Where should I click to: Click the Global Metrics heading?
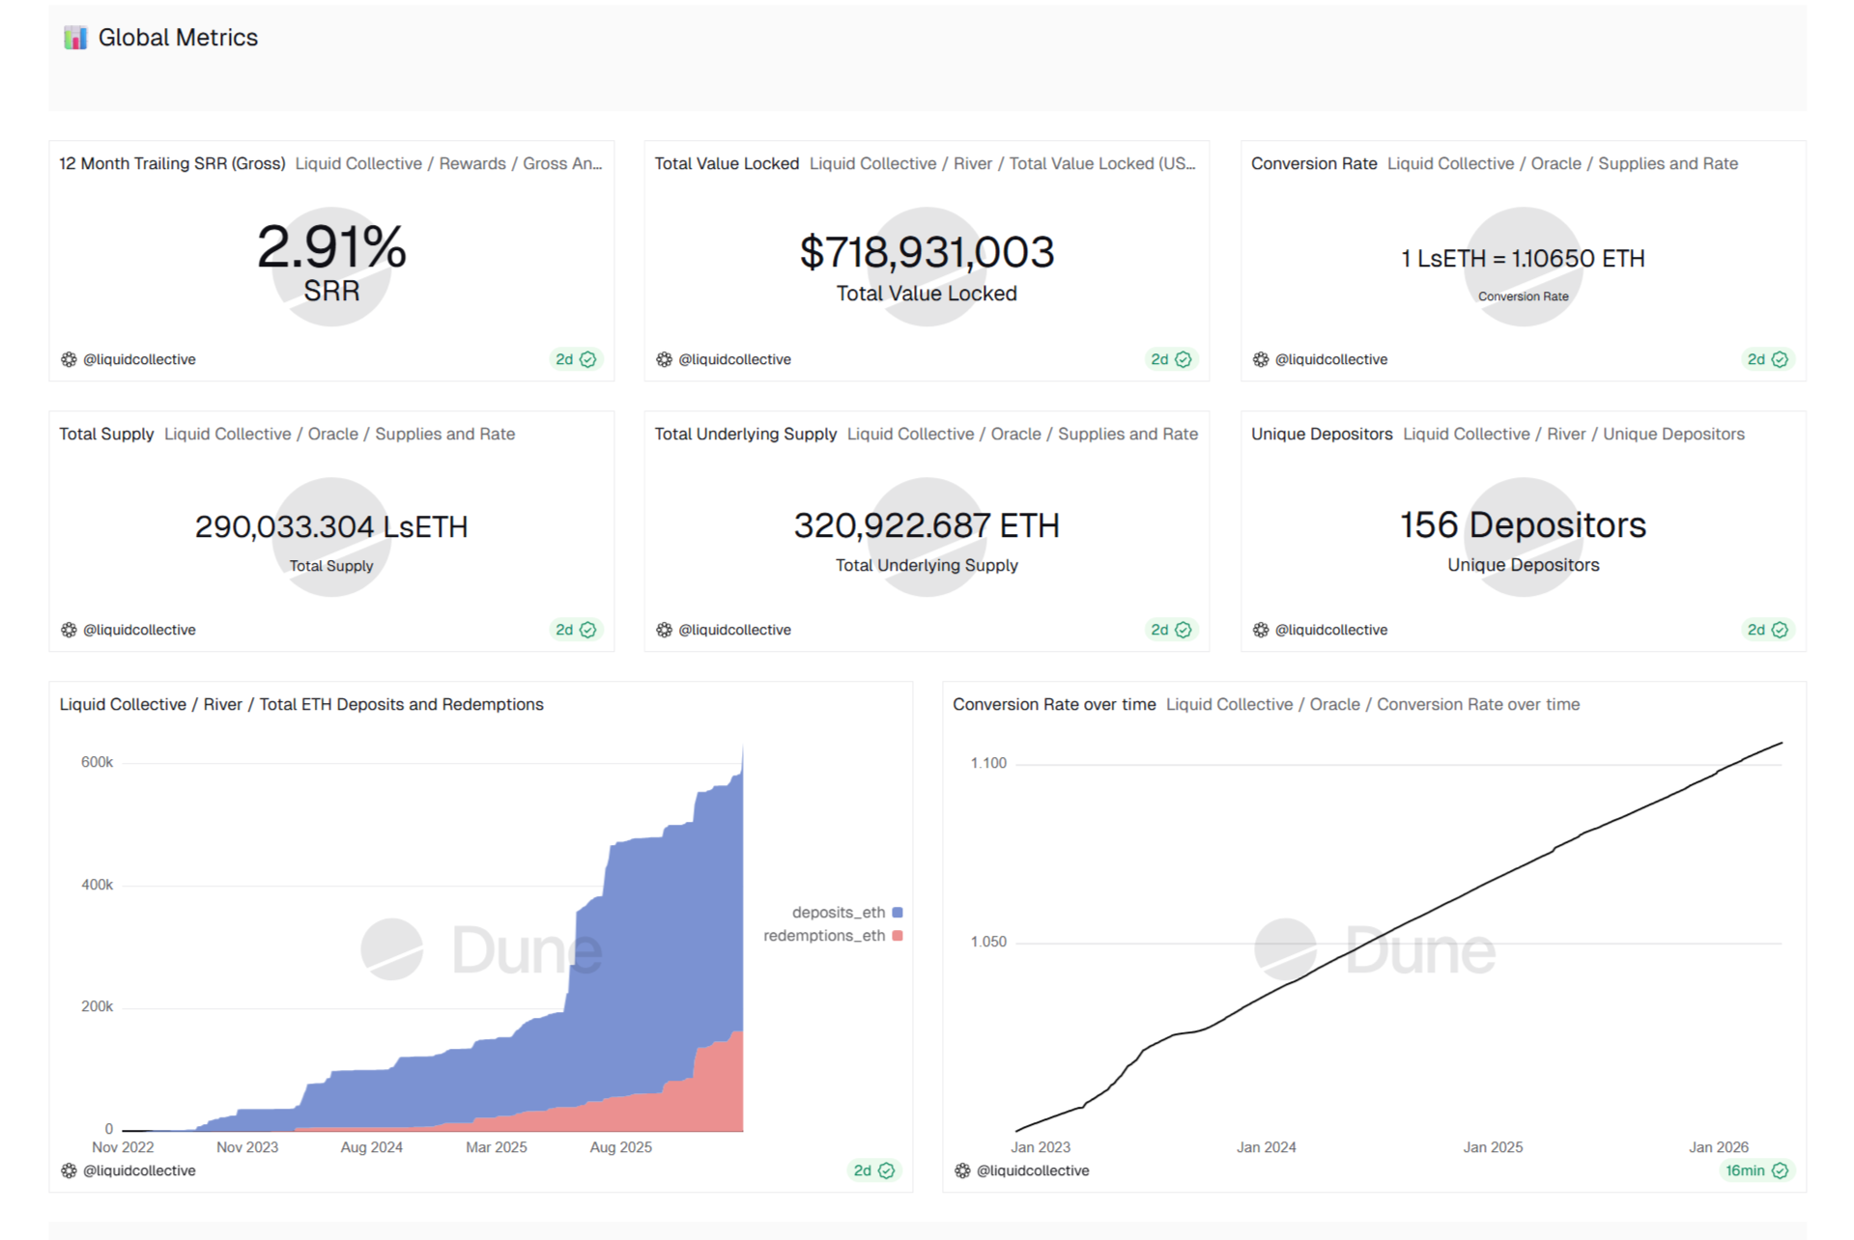178,38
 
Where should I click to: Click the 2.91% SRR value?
331,247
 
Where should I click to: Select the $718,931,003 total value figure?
927,253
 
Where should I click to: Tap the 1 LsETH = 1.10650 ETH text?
1523,259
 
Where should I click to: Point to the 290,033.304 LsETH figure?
331,527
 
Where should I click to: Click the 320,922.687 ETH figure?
927,526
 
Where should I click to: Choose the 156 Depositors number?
1523,525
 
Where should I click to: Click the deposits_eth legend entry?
839,913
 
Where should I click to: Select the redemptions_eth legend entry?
824,936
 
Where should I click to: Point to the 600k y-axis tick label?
97,763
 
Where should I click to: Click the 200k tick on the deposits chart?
97,1007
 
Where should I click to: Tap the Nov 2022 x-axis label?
123,1147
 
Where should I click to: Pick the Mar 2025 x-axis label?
497,1147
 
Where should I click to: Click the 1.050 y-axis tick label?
988,943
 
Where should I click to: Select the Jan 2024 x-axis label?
1266,1147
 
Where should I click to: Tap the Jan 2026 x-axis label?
1718,1147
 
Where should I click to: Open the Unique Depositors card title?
1322,435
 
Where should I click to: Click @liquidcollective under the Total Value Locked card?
734,359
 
